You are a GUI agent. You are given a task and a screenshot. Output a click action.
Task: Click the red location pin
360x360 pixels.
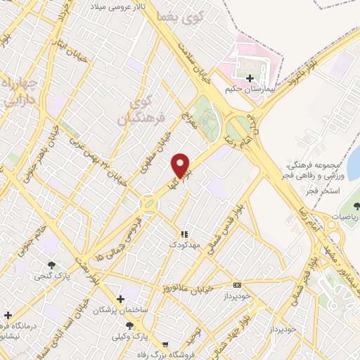click(181, 165)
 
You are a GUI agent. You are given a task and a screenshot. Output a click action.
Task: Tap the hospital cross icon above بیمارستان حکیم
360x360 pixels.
click(249, 77)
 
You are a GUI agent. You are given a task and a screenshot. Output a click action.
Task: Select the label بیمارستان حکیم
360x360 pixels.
click(248, 90)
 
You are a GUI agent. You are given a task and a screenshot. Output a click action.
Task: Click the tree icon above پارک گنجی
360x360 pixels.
click(50, 264)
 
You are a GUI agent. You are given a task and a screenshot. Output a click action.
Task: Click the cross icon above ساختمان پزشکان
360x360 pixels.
click(121, 299)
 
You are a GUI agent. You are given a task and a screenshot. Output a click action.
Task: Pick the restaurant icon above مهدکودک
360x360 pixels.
click(184, 234)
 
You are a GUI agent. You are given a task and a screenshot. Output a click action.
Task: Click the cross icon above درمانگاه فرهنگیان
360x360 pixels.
click(8, 315)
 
